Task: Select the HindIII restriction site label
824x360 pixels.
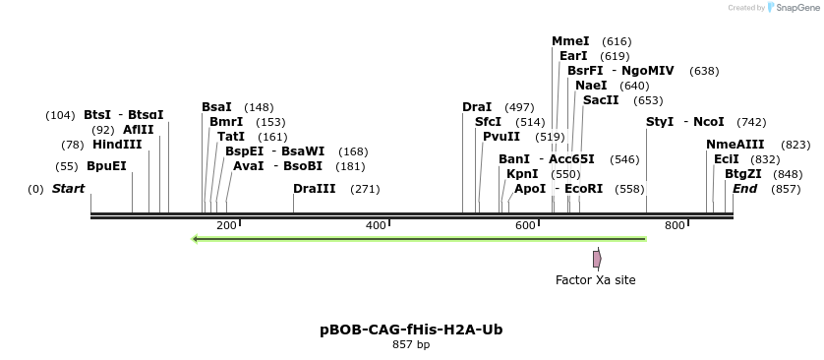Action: [117, 145]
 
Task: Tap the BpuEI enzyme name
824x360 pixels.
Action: [107, 166]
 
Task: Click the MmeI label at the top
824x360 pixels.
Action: [570, 41]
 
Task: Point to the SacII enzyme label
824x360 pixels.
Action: [601, 100]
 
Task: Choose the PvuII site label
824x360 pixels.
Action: [501, 137]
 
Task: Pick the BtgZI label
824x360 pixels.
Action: [743, 174]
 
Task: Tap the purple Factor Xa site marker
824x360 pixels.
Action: [597, 259]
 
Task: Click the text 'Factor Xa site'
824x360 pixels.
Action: [596, 280]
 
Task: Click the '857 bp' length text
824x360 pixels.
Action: [411, 344]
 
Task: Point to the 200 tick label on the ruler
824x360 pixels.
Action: [226, 226]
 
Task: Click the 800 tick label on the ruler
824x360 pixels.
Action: [675, 226]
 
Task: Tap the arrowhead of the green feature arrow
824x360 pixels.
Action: [197, 238]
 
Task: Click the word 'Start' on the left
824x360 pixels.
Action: [68, 189]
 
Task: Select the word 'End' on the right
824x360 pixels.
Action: [744, 189]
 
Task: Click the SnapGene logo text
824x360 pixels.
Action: [793, 8]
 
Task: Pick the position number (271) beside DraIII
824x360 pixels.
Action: [365, 189]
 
